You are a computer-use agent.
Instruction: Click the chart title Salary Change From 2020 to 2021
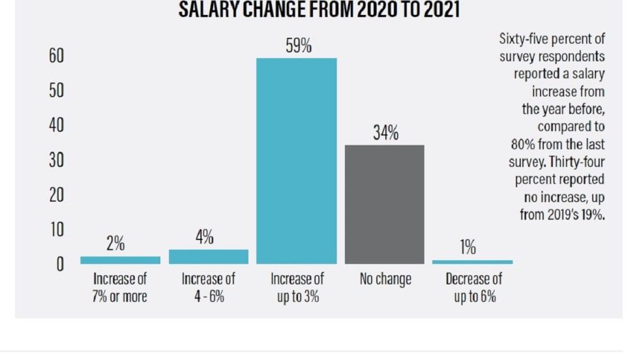[319, 10]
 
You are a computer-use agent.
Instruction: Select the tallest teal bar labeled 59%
[297, 160]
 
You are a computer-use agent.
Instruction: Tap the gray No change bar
[385, 204]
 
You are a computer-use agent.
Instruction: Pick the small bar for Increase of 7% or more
[120, 260]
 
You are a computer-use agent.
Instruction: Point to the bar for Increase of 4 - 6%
[209, 257]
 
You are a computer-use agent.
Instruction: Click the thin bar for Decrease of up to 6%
[473, 262]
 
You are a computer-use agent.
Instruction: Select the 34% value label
[385, 133]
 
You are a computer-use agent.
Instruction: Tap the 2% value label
[115, 245]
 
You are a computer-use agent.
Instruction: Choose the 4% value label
[204, 237]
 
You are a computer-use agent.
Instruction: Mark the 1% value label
[468, 248]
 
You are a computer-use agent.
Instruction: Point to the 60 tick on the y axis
[56, 56]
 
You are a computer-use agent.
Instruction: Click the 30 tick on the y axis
[56, 160]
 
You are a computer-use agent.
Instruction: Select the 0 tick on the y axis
[59, 265]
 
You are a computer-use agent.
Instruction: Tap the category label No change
[385, 280]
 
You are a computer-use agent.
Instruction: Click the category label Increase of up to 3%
[297, 288]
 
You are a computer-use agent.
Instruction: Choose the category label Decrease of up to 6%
[474, 288]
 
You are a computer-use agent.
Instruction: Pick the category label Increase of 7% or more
[120, 288]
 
